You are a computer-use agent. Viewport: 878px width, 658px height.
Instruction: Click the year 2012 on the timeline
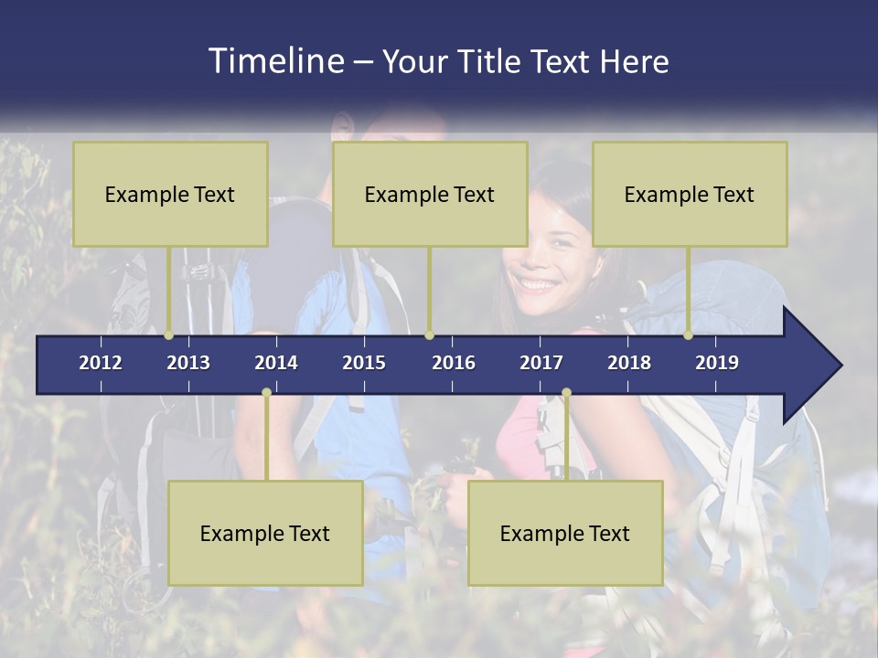[101, 363]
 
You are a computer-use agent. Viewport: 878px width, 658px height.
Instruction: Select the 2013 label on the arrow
[188, 363]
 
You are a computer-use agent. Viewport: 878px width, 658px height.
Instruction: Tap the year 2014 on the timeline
[276, 363]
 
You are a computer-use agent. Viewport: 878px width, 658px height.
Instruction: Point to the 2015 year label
[364, 363]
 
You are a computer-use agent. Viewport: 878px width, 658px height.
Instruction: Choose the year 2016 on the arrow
[454, 363]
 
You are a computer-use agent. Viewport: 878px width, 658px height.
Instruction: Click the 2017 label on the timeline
[541, 363]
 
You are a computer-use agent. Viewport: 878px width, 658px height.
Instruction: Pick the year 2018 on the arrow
[629, 363]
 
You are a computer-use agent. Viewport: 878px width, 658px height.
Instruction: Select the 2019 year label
[717, 363]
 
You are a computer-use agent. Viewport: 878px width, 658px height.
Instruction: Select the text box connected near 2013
[170, 194]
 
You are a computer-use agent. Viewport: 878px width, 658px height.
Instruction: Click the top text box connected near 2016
[430, 194]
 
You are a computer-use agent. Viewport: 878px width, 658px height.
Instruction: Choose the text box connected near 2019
[690, 194]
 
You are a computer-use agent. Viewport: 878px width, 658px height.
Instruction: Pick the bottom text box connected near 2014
[265, 533]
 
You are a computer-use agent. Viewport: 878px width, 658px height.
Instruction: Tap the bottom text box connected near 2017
[565, 533]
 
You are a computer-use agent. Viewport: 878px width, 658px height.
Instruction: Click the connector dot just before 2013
[169, 335]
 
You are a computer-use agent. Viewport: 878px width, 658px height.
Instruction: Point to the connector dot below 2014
[266, 393]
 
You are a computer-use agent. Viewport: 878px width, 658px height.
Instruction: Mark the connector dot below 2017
[566, 393]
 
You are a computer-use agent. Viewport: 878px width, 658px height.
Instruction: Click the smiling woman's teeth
[539, 284]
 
